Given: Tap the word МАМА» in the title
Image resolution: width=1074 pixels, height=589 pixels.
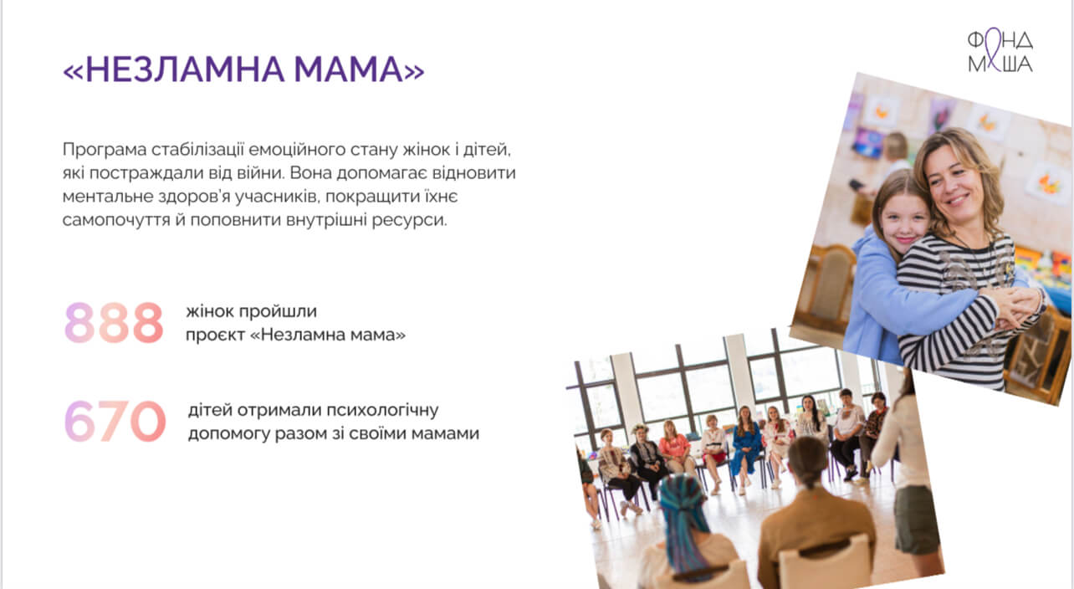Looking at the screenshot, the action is (359, 69).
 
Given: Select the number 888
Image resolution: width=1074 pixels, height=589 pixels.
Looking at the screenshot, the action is (114, 322).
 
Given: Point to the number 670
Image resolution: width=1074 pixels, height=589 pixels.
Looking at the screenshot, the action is (115, 421).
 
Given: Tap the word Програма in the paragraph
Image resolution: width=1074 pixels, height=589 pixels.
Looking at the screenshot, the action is (105, 150).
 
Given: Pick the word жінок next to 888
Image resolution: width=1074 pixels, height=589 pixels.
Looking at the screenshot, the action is (209, 311).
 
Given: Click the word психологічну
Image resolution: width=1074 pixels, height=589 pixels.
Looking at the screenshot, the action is (382, 411).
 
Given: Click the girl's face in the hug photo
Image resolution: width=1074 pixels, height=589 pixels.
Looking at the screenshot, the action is (904, 222).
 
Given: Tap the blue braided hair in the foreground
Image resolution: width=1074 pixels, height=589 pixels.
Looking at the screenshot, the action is (683, 520).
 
